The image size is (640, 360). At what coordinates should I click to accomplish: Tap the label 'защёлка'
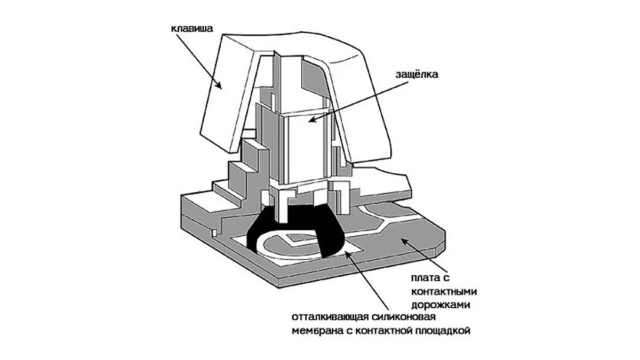(x=417, y=75)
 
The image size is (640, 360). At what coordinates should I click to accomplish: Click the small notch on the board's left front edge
(x=213, y=234)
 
